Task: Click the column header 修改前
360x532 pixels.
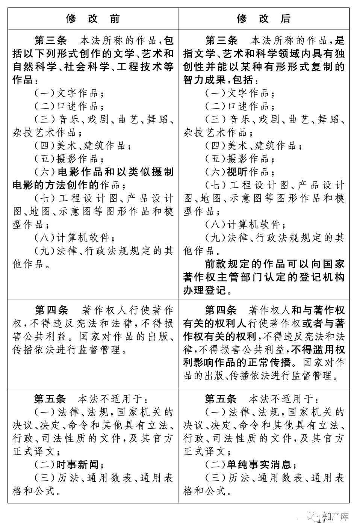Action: [93, 19]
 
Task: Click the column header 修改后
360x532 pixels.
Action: [264, 19]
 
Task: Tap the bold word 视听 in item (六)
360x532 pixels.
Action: [237, 172]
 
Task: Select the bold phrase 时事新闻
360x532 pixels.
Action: [77, 465]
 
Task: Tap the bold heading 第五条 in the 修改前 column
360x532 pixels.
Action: [50, 399]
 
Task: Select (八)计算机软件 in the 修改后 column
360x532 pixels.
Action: [245, 225]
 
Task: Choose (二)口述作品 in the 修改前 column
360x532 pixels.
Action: [67, 106]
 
